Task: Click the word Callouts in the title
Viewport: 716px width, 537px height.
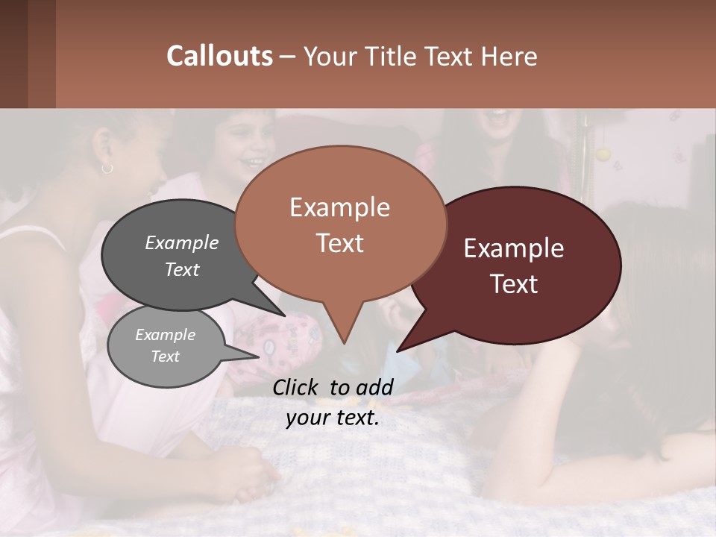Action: tap(219, 56)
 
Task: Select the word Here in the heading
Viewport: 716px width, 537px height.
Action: tap(508, 56)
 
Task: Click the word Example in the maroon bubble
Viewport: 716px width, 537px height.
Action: tap(514, 248)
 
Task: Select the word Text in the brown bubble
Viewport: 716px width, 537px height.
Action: tap(340, 243)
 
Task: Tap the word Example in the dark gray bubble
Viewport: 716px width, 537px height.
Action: tap(182, 242)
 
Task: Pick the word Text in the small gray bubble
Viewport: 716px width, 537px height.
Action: tap(166, 357)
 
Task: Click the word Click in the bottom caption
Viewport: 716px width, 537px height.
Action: tap(296, 387)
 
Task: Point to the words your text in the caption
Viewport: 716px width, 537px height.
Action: tap(333, 418)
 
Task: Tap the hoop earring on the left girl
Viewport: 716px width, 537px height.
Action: tap(107, 169)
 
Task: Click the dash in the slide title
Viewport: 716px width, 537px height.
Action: tap(288, 57)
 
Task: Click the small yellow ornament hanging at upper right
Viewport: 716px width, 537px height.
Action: tap(603, 154)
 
